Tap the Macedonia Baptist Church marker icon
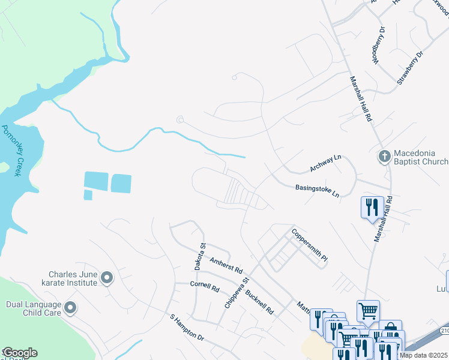pyautogui.click(x=385, y=157)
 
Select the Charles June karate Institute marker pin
pyautogui.click(x=107, y=277)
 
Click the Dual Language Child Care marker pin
pyautogui.click(x=70, y=308)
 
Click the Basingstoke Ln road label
pyautogui.click(x=318, y=191)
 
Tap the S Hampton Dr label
pyautogui.click(x=188, y=327)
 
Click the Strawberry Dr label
pyautogui.click(x=410, y=67)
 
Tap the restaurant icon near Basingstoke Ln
pyautogui.click(x=370, y=208)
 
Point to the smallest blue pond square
pyautogui.click(x=88, y=195)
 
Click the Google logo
pyautogui.click(x=19, y=353)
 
